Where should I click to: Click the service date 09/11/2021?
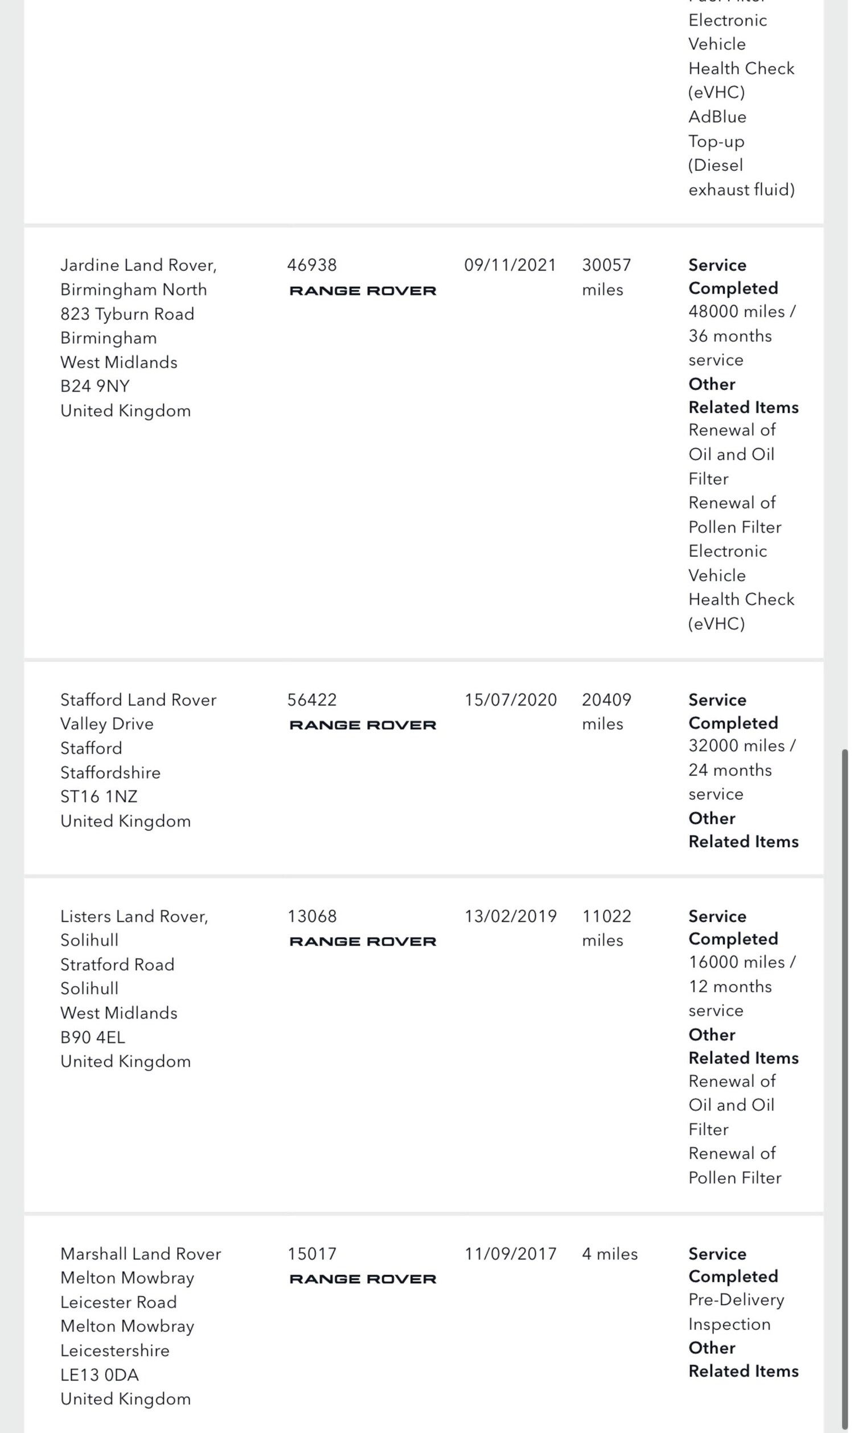coord(510,265)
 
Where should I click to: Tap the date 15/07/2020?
coord(511,700)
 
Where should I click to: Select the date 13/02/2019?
coord(511,916)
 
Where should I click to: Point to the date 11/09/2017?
coord(511,1254)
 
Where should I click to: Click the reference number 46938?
coord(312,265)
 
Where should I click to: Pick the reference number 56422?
coord(312,700)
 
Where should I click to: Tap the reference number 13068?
coord(312,916)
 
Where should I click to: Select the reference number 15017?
coord(312,1254)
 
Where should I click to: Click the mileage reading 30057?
coord(606,265)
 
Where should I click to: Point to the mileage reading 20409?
coord(606,700)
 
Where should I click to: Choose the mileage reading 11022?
coord(606,916)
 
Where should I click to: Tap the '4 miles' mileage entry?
coord(609,1254)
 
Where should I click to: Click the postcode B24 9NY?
coord(95,385)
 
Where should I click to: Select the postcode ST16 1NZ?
coord(99,796)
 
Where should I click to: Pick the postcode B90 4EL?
coord(93,1037)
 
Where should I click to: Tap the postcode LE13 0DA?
coord(100,1374)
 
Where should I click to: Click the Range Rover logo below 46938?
coord(363,290)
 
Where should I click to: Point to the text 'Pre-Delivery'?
coord(736,1299)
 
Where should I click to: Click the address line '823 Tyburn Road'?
coord(127,314)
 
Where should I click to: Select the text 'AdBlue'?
coord(717,117)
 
